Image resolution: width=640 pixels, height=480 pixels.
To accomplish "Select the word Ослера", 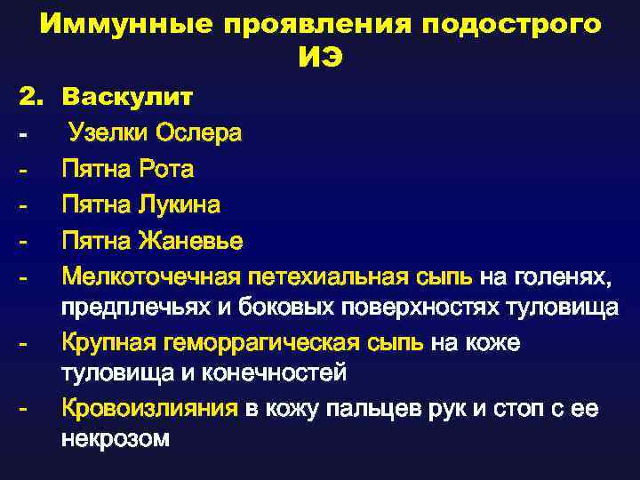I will pyautogui.click(x=198, y=132).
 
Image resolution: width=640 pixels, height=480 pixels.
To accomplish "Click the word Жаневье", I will pyautogui.click(x=191, y=242).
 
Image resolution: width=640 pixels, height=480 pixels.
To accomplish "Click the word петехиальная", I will pyautogui.click(x=331, y=278).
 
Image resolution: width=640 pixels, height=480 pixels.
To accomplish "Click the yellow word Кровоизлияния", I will pyautogui.click(x=149, y=409).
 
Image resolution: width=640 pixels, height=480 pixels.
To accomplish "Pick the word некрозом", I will pyautogui.click(x=115, y=440).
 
